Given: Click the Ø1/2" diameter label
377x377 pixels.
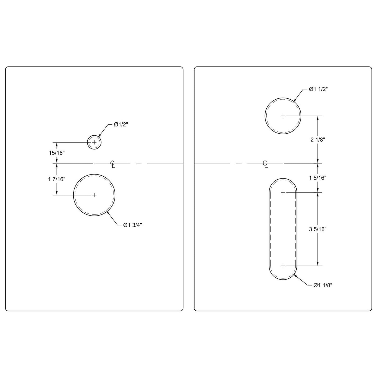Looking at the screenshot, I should coord(121,125).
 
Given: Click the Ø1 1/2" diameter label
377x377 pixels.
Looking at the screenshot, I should coord(318,89).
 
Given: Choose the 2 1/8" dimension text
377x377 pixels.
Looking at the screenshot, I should coord(318,140).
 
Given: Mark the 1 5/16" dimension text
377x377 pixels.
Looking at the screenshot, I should coord(318,178).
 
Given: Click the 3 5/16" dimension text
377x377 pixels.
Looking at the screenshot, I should coord(318,229).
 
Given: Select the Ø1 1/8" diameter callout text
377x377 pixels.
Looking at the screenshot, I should coord(323,285).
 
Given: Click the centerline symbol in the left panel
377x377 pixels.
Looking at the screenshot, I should coord(112,164).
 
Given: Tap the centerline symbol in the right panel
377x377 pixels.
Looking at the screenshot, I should coord(265,164).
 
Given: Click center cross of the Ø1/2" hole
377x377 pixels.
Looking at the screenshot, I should coord(94,142).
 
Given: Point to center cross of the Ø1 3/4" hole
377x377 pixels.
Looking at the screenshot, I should coord(94,195).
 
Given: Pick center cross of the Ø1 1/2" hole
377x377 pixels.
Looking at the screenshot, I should coord(283,116).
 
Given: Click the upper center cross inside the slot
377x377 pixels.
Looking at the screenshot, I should coord(283,192).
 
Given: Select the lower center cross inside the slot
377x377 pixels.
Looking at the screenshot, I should coord(283,266).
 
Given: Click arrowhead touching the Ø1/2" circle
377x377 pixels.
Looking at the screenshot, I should coord(98,136).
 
